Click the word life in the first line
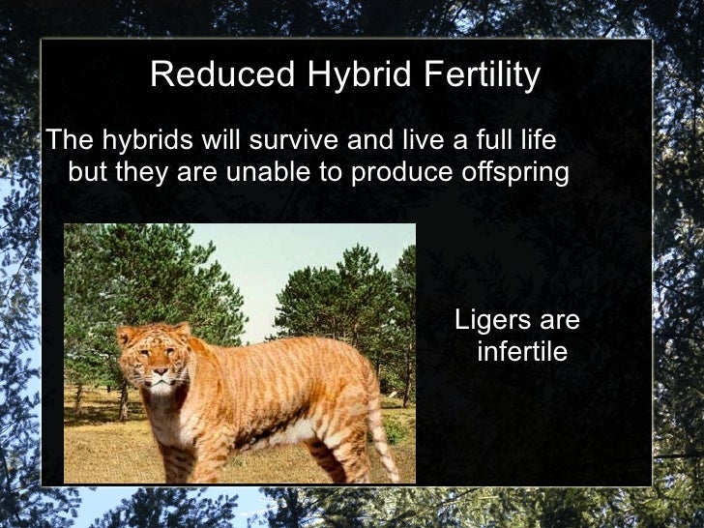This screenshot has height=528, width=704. pyautogui.click(x=538, y=141)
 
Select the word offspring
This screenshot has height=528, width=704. pyautogui.click(x=520, y=174)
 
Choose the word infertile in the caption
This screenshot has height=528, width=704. pyautogui.click(x=522, y=351)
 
